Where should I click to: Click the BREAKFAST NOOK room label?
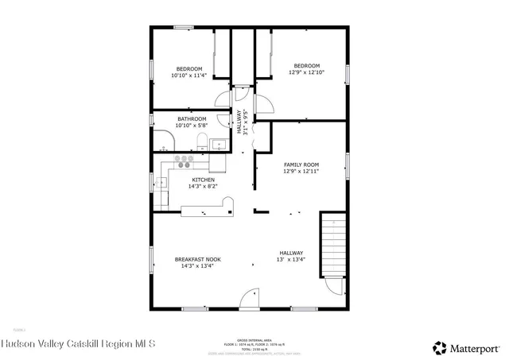[198, 260]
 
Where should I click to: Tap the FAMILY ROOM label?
[301, 165]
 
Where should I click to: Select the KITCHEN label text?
[203, 180]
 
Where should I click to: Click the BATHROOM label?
[192, 119]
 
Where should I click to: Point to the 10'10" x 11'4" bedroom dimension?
[189, 76]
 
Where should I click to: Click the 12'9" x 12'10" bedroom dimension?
[306, 73]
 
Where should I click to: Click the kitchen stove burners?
[185, 160]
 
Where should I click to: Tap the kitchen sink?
[161, 184]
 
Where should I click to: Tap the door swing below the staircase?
[333, 287]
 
